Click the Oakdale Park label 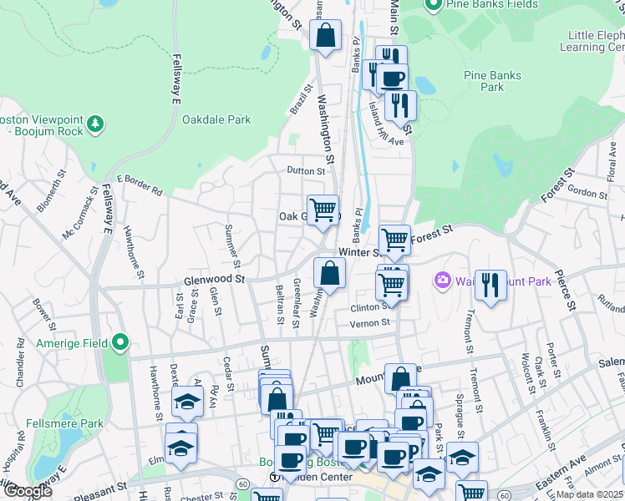coord(216,119)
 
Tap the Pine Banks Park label coord(492,81)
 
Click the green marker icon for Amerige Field coord(120,342)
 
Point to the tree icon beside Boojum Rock coord(97,124)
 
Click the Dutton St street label coord(305,170)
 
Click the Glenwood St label coord(214,281)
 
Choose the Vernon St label coord(369,323)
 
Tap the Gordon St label coord(587,192)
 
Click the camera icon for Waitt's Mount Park coord(442,281)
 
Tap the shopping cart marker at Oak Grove coord(323,209)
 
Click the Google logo coord(28,492)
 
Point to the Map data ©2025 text coord(590,493)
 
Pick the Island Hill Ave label coord(386,124)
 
